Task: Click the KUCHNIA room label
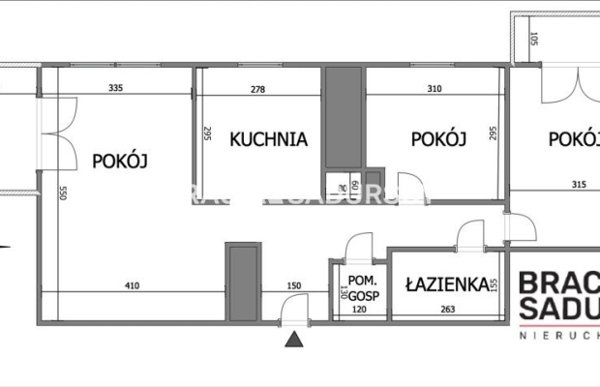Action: click(x=268, y=139)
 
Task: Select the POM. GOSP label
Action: click(x=357, y=287)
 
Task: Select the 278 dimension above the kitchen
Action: click(x=256, y=89)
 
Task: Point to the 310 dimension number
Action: click(x=433, y=89)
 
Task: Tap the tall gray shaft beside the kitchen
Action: click(x=341, y=117)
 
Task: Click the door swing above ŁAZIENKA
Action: click(x=471, y=234)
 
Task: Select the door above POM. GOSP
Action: click(x=360, y=246)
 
